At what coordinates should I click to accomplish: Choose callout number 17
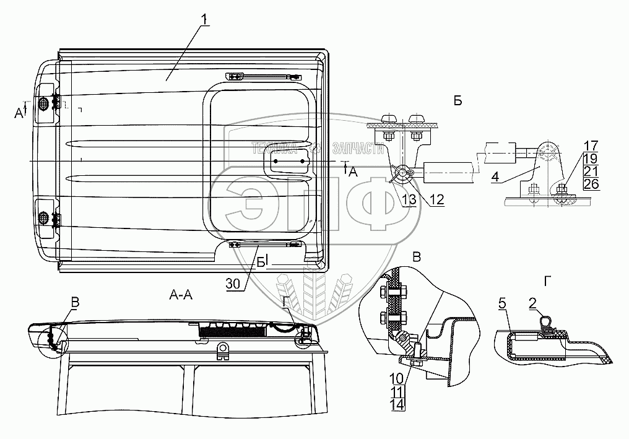(x=573, y=147)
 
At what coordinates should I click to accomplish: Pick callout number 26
(x=573, y=184)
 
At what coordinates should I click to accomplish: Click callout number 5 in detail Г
(x=503, y=303)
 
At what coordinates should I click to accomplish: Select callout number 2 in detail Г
(x=532, y=303)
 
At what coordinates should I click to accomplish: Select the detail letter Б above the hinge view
(x=458, y=101)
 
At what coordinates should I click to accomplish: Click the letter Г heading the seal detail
(x=547, y=281)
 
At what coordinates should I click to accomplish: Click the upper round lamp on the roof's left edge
(x=44, y=103)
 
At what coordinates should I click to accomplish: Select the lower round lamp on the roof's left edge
(x=44, y=217)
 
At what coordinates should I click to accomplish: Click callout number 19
(x=573, y=159)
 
